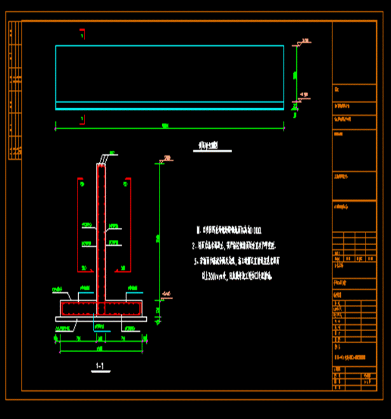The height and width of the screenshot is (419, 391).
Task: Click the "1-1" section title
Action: [x=100, y=366]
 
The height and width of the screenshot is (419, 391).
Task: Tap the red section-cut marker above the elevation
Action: [x=83, y=33]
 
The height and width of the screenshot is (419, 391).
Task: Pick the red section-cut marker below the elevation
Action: [x=83, y=119]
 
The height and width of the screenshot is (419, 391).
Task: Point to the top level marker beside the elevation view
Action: [x=304, y=42]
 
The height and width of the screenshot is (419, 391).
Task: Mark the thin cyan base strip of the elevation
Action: [x=169, y=106]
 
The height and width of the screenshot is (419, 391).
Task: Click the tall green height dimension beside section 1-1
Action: [x=159, y=236]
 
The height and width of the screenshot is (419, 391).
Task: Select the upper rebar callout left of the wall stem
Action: [x=86, y=226]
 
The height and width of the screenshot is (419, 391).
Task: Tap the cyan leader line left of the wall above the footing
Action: [x=86, y=293]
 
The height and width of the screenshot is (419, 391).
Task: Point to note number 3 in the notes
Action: [x=196, y=261]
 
